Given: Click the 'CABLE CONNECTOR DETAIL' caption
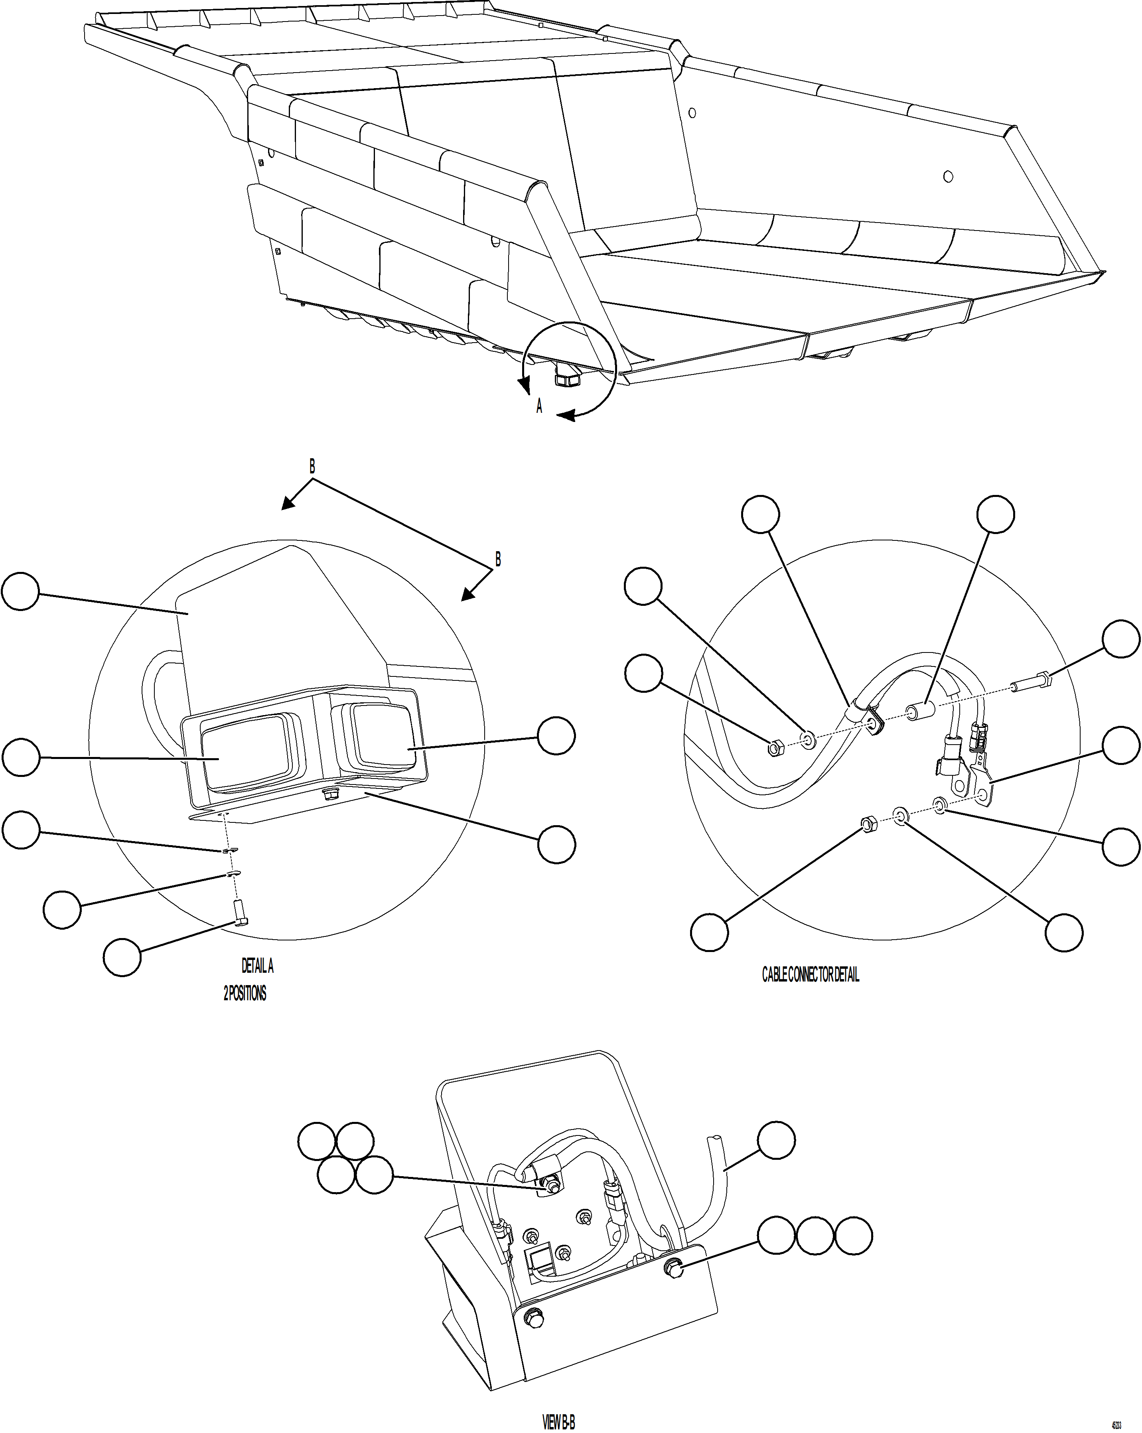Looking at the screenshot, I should pos(810,975).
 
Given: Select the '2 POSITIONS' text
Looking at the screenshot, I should pos(245,993).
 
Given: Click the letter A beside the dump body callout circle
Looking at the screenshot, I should pos(539,406).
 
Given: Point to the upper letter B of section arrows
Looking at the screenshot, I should pos(312,467).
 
